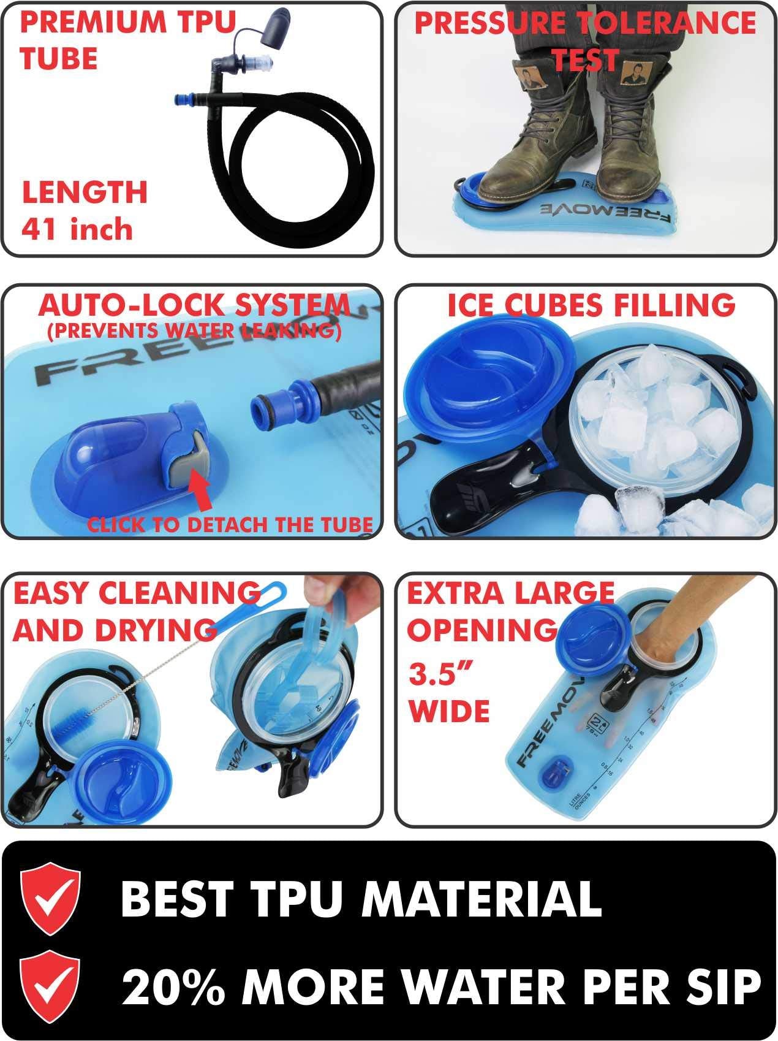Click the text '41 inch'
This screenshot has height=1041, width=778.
(77, 229)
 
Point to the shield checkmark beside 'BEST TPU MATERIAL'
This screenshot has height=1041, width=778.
(50, 898)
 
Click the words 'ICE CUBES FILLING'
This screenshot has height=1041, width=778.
(591, 305)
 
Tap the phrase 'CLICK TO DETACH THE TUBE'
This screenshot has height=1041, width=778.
(230, 524)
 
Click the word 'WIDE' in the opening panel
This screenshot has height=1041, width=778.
(449, 711)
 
